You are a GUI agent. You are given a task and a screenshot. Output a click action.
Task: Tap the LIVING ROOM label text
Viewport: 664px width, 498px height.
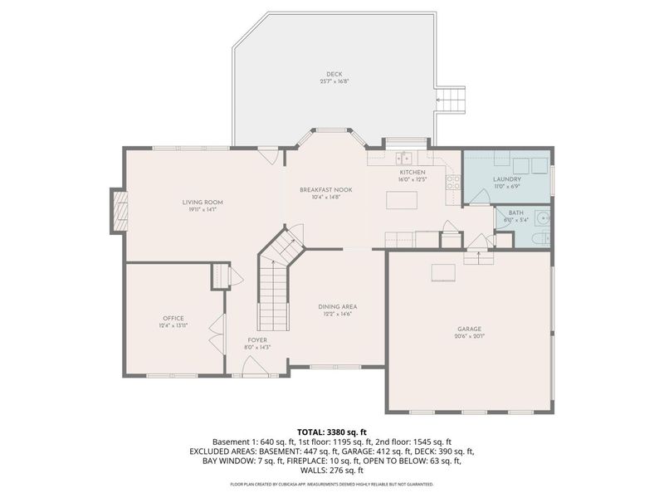coord(203,202)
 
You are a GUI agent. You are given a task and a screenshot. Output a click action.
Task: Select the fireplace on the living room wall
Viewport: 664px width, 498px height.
coord(120,211)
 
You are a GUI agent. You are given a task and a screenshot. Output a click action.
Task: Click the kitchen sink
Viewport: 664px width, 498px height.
coord(404,159)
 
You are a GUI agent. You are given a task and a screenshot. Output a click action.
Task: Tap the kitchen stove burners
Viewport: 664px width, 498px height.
coord(453,183)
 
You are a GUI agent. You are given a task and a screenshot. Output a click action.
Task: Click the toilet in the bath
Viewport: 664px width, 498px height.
coord(540,239)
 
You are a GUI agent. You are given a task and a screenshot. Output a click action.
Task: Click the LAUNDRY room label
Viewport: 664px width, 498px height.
coord(506,178)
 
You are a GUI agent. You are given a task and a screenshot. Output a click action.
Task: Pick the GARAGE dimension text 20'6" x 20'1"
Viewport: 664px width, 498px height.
coord(470,336)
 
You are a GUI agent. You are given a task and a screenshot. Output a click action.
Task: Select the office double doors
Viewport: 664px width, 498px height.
coord(221,333)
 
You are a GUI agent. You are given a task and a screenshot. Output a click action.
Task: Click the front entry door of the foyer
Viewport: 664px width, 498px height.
coord(250,371)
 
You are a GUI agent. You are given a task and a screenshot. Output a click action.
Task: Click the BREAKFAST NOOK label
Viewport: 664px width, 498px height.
coord(326,189)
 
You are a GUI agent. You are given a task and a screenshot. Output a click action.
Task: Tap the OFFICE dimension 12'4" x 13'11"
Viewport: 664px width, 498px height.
coord(173,325)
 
